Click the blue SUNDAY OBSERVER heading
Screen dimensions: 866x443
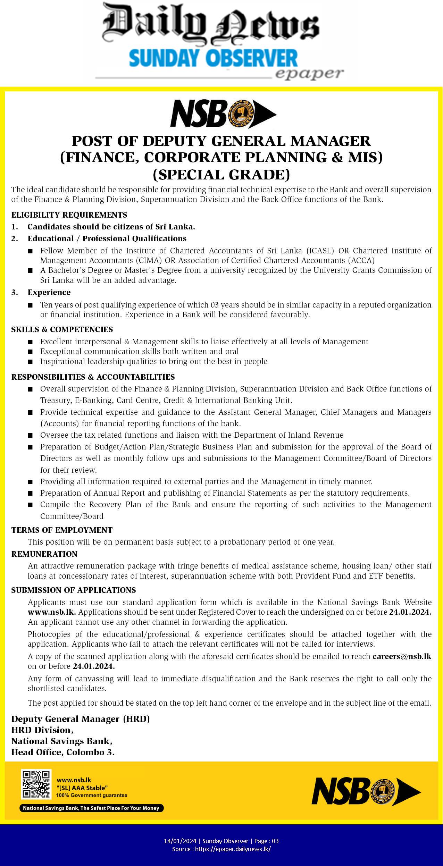[213, 58]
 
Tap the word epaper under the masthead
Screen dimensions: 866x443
[309, 73]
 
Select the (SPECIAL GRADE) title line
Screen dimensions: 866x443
[221, 175]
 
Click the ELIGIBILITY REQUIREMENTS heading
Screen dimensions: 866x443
[69, 215]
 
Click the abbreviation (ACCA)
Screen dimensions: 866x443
[362, 260]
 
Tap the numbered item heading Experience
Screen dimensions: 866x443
[49, 292]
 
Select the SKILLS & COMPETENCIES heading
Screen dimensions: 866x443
[62, 329]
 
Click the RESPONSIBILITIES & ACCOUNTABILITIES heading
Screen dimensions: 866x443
[93, 377]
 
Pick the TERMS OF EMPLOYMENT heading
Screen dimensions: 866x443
[62, 530]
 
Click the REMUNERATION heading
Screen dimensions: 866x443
[44, 554]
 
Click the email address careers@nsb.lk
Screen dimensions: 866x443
[402, 656]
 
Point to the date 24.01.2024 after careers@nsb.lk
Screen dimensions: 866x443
[94, 666]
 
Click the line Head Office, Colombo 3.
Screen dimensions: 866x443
[63, 752]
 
